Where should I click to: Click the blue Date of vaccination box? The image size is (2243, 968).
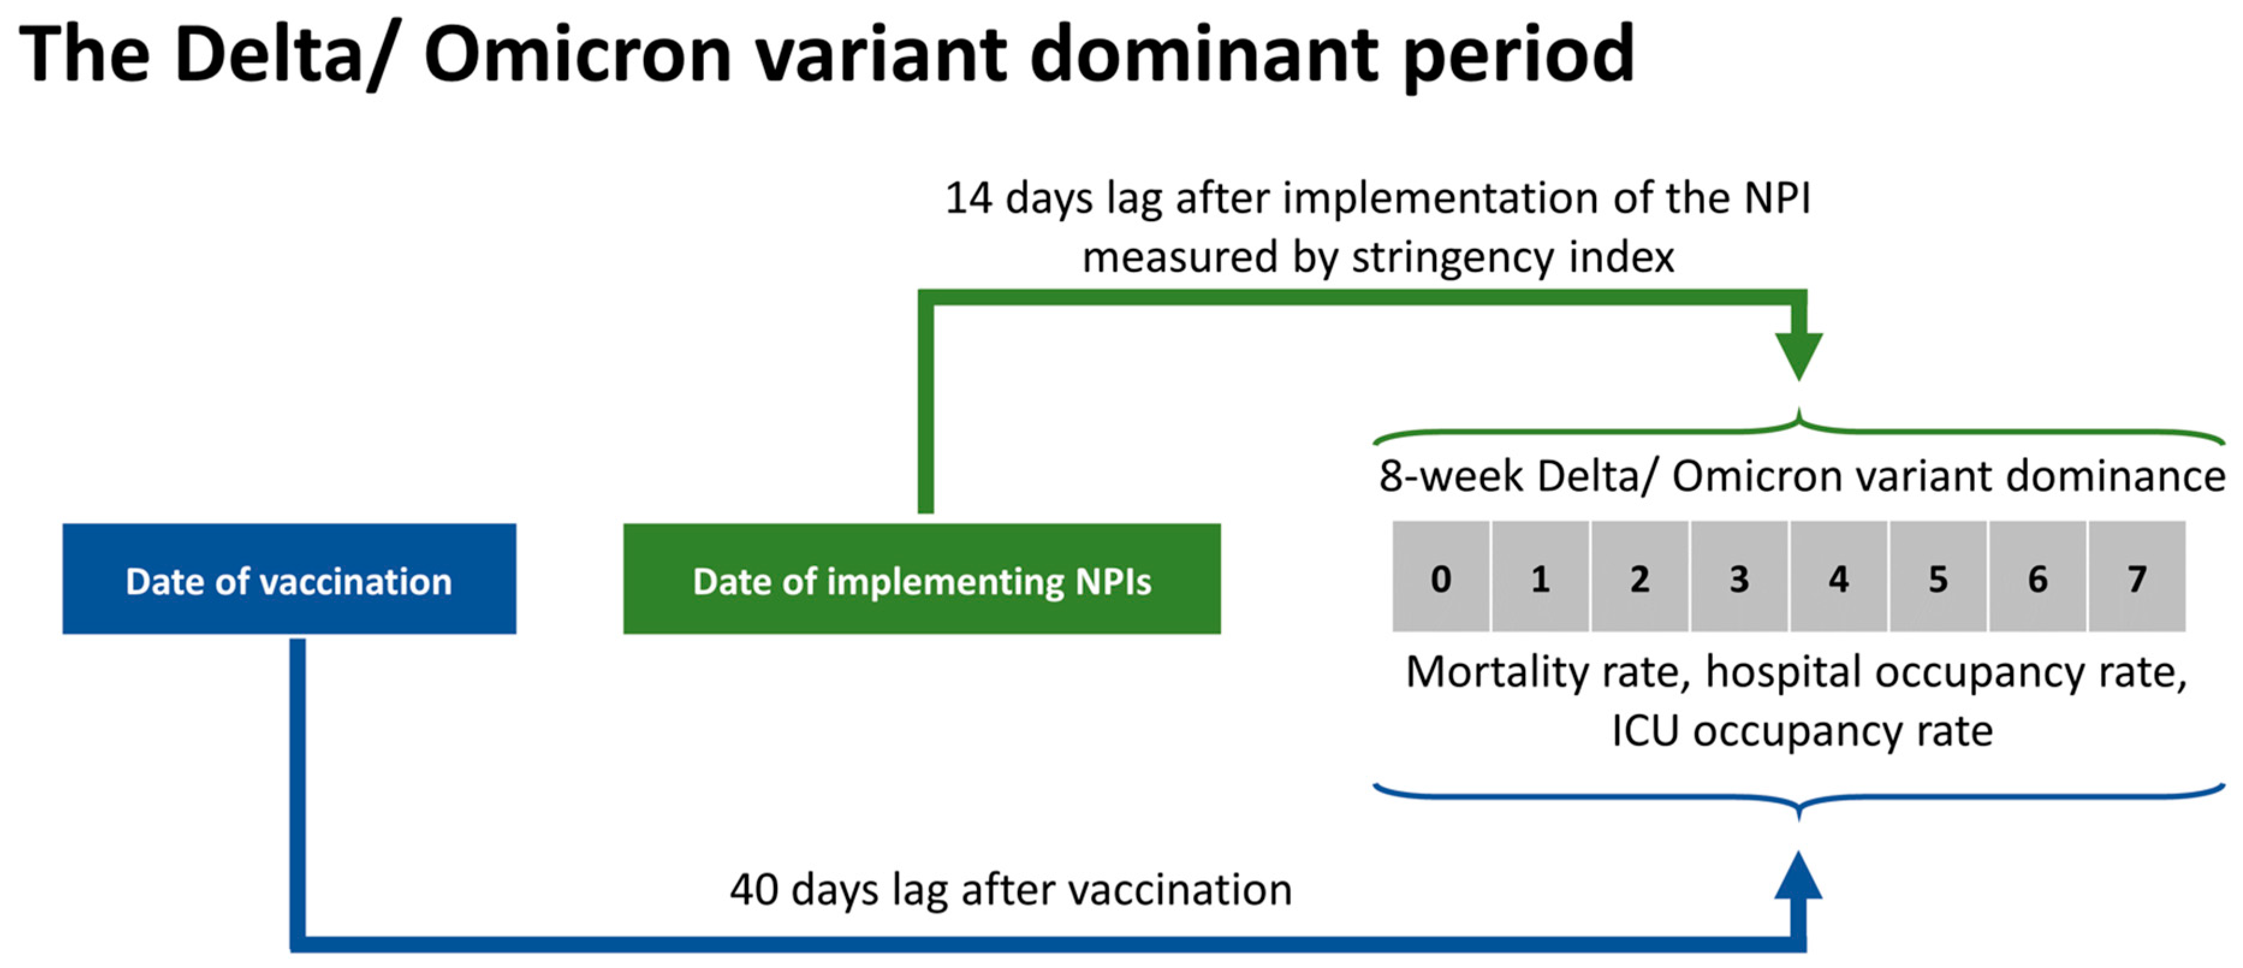[x=289, y=579]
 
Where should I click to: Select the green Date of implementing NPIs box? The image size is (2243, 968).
[x=921, y=579]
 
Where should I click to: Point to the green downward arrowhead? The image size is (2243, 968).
[x=1799, y=352]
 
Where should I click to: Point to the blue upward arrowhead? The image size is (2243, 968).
[x=1799, y=877]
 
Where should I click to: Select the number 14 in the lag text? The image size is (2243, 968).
[x=968, y=198]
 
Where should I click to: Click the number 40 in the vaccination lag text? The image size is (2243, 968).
[x=754, y=890]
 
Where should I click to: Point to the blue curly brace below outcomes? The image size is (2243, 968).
[x=1799, y=801]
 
